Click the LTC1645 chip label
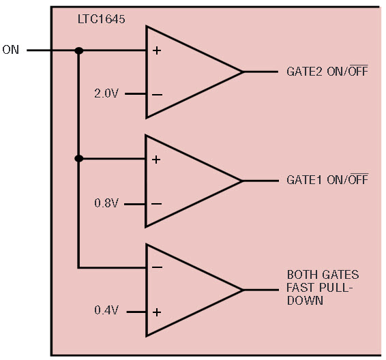(101, 19)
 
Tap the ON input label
(11, 50)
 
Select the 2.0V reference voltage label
(106, 93)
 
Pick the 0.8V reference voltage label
(106, 203)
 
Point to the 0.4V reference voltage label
(106, 310)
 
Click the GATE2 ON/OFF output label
(327, 71)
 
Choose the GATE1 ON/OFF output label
(327, 179)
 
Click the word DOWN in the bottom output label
(305, 301)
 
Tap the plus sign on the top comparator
(157, 50)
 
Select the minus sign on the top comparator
(157, 95)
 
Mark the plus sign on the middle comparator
(156, 160)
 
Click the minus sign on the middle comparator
(157, 204)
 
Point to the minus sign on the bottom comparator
(157, 267)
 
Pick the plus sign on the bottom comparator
(157, 312)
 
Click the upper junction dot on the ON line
(79, 50)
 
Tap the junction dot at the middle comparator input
(79, 159)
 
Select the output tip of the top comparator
(242, 72)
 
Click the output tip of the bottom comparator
(243, 290)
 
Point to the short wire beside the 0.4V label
(136, 312)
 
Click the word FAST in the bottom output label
(300, 288)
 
